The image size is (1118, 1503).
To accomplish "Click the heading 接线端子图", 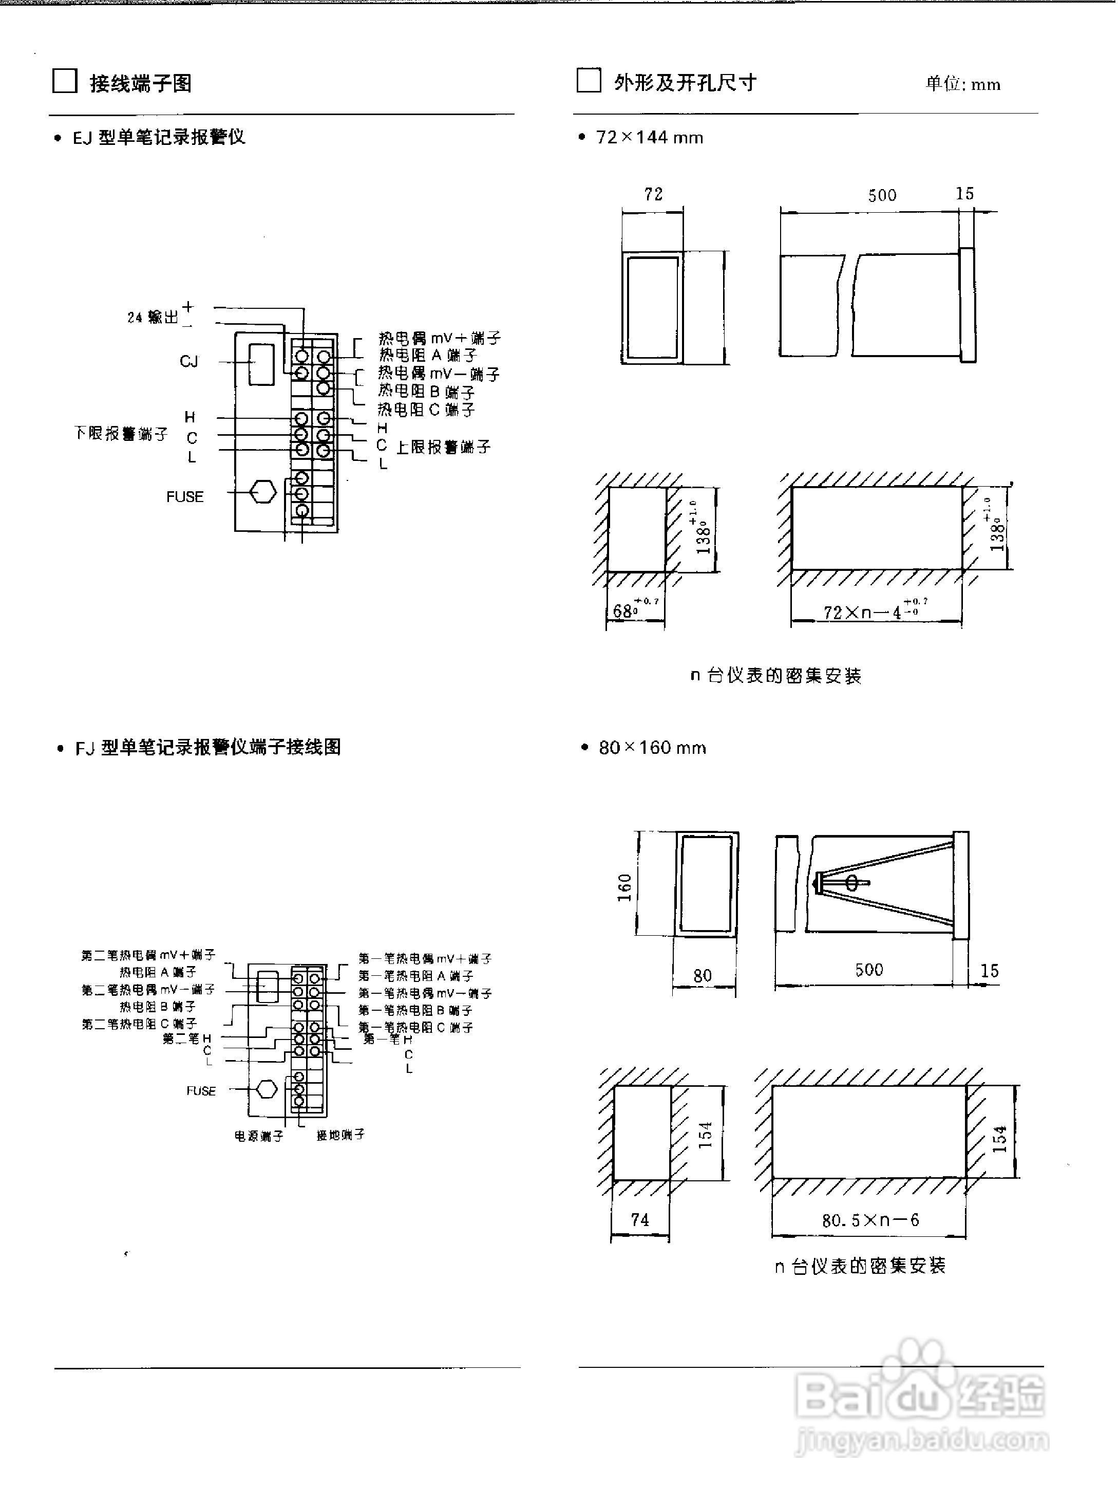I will (x=141, y=83).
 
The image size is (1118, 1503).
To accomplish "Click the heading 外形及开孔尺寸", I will (x=685, y=83).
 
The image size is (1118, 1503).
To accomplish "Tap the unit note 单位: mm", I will (x=962, y=84).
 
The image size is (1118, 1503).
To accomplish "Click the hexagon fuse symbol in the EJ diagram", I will (x=262, y=492).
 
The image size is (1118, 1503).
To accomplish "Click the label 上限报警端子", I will (x=443, y=447).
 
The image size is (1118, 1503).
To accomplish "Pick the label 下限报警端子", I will (x=121, y=433).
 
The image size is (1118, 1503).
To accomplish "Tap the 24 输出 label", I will (x=154, y=317).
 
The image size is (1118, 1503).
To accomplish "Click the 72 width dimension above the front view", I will (x=653, y=194).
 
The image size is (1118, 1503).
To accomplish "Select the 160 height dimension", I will (x=624, y=887).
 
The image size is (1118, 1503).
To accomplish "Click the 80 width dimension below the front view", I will (x=703, y=976).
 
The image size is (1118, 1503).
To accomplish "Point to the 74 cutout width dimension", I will (x=639, y=1219).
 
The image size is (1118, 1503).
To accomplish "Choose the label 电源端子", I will (x=258, y=1136).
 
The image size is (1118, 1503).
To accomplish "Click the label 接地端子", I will (x=340, y=1134).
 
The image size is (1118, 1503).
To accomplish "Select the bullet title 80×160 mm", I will (x=652, y=748).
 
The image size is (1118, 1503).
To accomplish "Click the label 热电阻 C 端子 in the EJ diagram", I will (x=426, y=410).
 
